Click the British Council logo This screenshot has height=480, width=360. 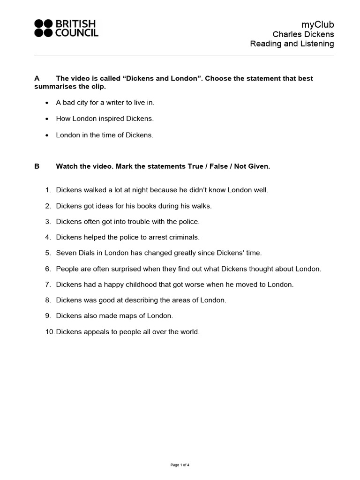66,28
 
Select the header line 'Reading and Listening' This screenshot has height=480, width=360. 292,44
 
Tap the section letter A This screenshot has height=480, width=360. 37,78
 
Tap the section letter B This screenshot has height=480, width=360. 37,166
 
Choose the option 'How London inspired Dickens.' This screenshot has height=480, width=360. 105,119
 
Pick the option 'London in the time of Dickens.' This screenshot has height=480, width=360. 105,135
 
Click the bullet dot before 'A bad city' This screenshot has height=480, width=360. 47,103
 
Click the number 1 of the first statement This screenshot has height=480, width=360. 47,190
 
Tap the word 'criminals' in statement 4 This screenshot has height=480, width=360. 185,237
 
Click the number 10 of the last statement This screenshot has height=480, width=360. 49,332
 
